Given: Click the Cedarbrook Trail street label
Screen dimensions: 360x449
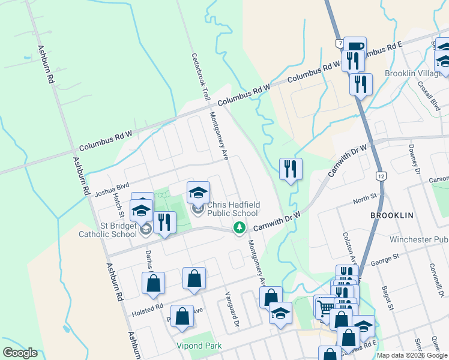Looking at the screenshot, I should point(200,76).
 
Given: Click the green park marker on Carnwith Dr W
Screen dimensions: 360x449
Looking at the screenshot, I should point(240,227).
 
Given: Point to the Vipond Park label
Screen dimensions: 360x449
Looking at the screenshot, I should point(199,346).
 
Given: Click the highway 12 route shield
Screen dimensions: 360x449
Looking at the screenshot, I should point(381,176).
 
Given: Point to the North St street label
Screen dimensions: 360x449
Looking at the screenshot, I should point(365,197).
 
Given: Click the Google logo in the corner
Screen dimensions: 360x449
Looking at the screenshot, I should point(20,353).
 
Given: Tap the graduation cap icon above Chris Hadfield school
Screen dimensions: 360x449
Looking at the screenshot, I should point(198,193).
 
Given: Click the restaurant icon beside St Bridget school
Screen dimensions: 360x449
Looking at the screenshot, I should point(163,223).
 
